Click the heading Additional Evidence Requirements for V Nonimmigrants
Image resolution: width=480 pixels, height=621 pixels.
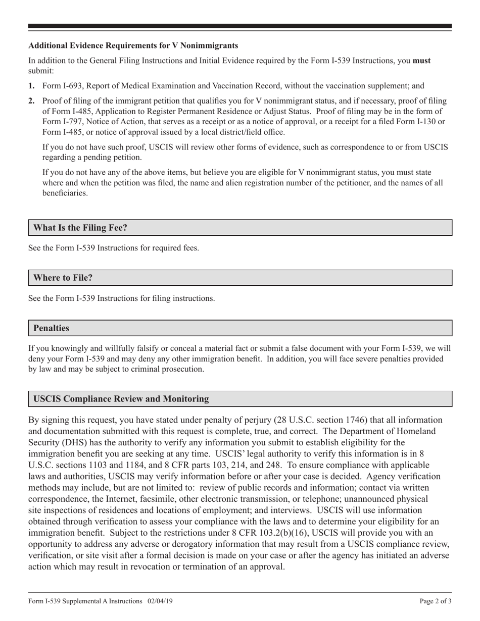[133, 45]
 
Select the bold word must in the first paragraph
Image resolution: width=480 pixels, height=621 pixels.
[422, 61]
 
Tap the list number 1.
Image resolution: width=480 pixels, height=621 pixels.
[31, 86]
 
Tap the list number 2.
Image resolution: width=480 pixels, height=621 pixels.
[31, 101]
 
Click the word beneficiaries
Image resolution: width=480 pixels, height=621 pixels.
[65, 193]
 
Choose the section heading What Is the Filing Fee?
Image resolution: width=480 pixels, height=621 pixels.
[80, 228]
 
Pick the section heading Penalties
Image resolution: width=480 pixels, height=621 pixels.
[51, 328]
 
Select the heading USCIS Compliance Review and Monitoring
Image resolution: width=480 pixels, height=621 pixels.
[121, 399]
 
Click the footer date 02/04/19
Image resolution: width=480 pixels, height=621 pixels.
[161, 601]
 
